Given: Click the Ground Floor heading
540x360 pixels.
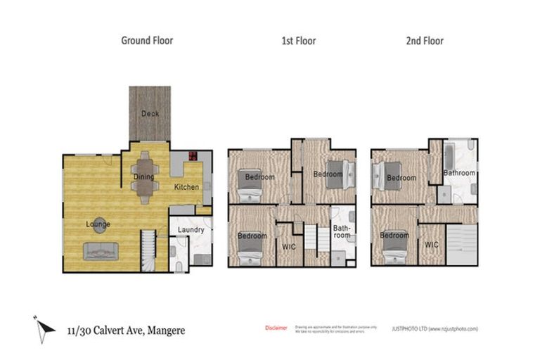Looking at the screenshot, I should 147,41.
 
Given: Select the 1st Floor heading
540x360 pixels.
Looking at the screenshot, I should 298,41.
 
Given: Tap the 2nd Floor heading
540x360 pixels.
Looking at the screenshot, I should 425,41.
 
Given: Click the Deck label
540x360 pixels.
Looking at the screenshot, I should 150,114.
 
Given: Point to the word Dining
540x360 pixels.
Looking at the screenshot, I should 143,177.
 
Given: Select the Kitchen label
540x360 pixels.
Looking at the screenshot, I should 186,187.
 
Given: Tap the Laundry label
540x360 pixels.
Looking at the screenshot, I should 191,230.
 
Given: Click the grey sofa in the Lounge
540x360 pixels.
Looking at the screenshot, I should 101,251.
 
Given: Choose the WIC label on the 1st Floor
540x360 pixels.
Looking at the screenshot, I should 288,246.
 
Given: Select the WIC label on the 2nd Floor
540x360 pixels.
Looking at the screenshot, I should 432,245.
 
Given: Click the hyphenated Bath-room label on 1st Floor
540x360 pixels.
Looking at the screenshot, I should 341,232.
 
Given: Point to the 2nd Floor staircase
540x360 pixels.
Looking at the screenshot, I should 462,245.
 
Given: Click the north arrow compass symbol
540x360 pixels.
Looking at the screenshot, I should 44,327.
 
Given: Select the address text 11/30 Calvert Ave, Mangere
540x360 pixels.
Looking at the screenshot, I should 126,330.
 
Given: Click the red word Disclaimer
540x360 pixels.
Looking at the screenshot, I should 276,328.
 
